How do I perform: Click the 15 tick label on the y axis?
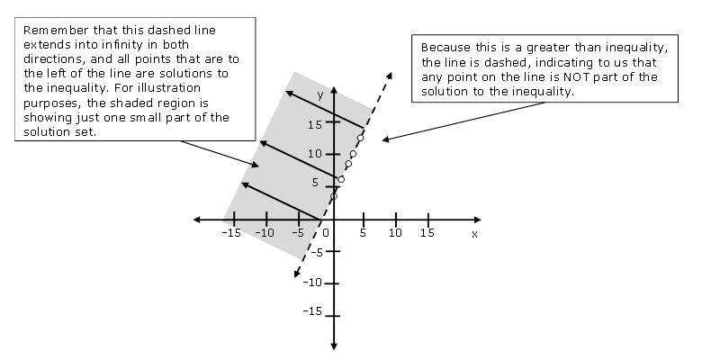pos(311,125)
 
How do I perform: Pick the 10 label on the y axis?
pos(311,154)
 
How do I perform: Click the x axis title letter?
pos(474,234)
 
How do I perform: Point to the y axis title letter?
pos(319,94)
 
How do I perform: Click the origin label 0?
pos(326,232)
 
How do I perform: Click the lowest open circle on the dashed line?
pos(334,196)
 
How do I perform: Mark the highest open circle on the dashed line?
pos(361,138)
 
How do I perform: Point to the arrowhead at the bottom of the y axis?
pos(334,345)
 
